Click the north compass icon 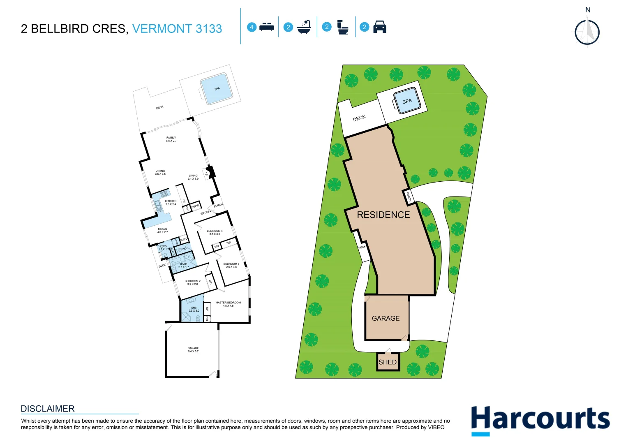(587, 32)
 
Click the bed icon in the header (267, 27)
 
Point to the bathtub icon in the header (304, 27)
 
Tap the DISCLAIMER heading (48, 409)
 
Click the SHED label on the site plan (388, 362)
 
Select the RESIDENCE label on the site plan (383, 215)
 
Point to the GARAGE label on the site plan (386, 318)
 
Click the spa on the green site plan (407, 101)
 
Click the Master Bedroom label (228, 304)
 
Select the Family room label (171, 139)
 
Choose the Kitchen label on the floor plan (171, 203)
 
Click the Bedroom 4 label (215, 232)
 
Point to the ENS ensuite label (194, 309)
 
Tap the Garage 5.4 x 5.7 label (193, 349)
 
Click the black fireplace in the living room (211, 172)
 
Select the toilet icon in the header (342, 27)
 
